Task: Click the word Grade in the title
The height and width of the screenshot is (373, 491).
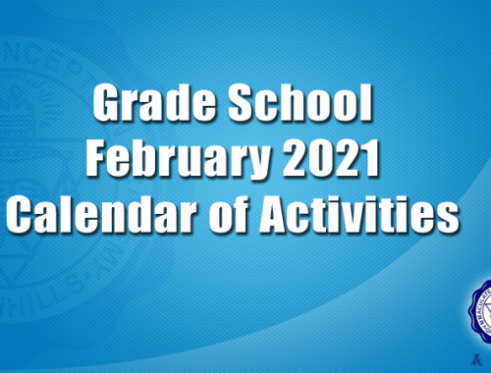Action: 154,102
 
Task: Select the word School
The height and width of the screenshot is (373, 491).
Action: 300,102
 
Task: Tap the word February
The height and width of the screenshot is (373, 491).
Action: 178,159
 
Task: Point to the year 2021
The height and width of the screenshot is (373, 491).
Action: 331,158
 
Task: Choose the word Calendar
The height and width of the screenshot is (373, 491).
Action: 101,214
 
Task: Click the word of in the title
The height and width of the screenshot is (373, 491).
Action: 228,214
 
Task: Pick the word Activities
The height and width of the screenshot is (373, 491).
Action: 359,214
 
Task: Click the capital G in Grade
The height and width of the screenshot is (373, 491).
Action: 108,103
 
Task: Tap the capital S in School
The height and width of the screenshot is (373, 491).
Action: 244,103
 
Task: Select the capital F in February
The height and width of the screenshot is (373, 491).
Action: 98,158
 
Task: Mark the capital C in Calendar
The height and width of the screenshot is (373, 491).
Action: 22,214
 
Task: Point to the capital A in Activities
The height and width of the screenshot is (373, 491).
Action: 277,214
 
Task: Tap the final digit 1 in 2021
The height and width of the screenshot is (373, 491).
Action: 369,158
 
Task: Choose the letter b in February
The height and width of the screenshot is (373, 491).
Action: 157,158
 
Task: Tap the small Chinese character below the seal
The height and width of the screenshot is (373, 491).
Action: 476,359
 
